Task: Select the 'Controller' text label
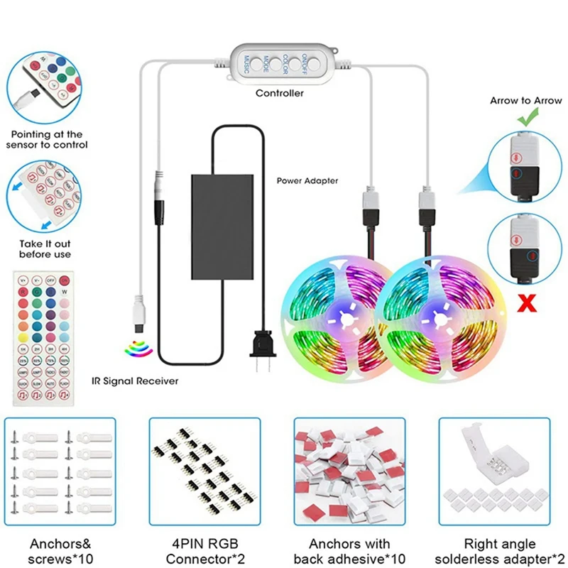click(280, 93)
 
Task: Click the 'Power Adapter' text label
click(307, 180)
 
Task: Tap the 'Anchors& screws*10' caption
click(62, 551)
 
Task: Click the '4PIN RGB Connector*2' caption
click(206, 551)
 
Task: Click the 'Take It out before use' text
click(45, 248)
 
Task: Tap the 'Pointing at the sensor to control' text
click(46, 139)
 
